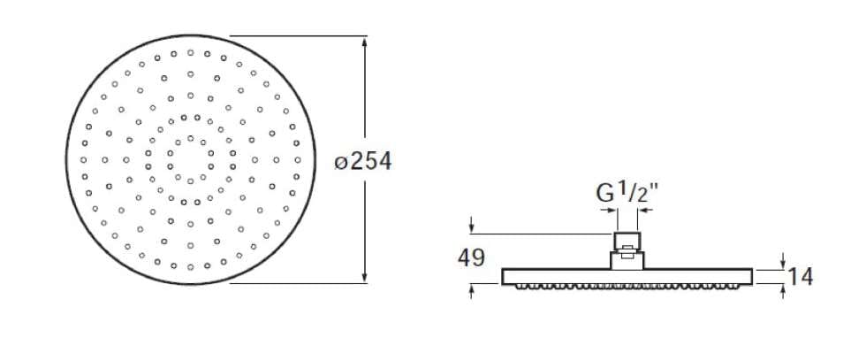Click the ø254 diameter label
click(x=362, y=162)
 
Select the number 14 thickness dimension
click(x=800, y=276)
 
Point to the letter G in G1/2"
click(x=604, y=194)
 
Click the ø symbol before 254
click(x=342, y=163)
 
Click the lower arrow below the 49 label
click(x=472, y=291)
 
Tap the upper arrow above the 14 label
click(x=785, y=261)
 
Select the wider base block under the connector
click(x=627, y=260)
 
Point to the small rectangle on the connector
click(x=627, y=252)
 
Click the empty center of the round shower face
click(x=190, y=160)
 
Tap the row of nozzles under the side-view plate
click(x=627, y=286)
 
